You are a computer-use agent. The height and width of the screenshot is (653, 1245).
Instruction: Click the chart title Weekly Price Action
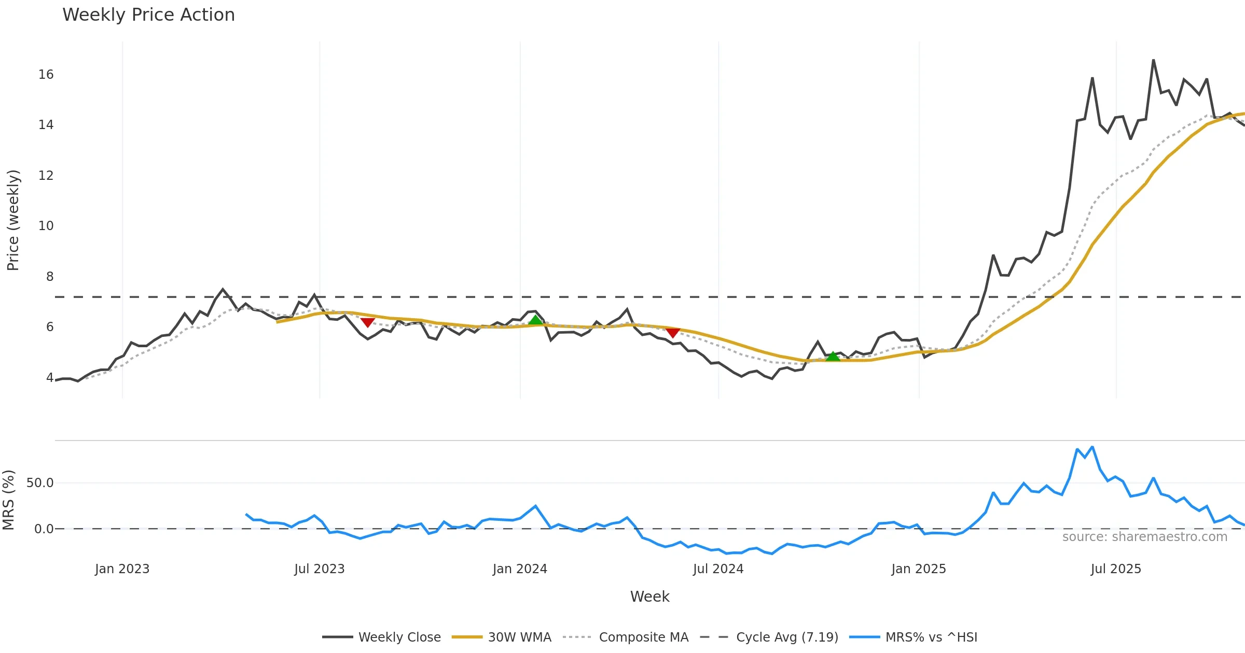click(x=148, y=15)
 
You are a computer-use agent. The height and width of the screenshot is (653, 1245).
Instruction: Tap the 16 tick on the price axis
click(x=46, y=75)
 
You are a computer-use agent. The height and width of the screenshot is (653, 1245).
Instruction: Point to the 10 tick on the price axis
click(x=46, y=226)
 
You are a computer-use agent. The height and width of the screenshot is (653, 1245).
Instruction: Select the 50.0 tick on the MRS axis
click(x=40, y=483)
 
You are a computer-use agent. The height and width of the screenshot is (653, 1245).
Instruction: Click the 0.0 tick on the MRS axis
click(x=44, y=529)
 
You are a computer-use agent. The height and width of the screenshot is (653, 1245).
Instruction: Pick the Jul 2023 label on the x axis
click(x=319, y=569)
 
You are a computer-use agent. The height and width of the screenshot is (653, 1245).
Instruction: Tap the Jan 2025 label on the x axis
click(x=918, y=569)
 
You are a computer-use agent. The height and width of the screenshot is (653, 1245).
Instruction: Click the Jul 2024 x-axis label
click(x=718, y=569)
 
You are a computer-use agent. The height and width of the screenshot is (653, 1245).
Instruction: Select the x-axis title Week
click(x=649, y=597)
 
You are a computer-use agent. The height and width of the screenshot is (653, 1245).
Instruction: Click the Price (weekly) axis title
click(x=13, y=220)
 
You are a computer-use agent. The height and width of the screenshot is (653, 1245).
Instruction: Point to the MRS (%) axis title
click(x=8, y=500)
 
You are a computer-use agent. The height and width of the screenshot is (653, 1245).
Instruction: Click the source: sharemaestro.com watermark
click(x=1144, y=537)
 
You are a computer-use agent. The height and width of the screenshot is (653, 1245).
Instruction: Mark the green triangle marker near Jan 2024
click(x=535, y=320)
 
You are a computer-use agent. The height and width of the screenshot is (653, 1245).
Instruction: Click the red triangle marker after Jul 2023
click(x=367, y=322)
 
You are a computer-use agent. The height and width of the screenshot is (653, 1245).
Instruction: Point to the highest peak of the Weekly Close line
click(x=1154, y=60)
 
